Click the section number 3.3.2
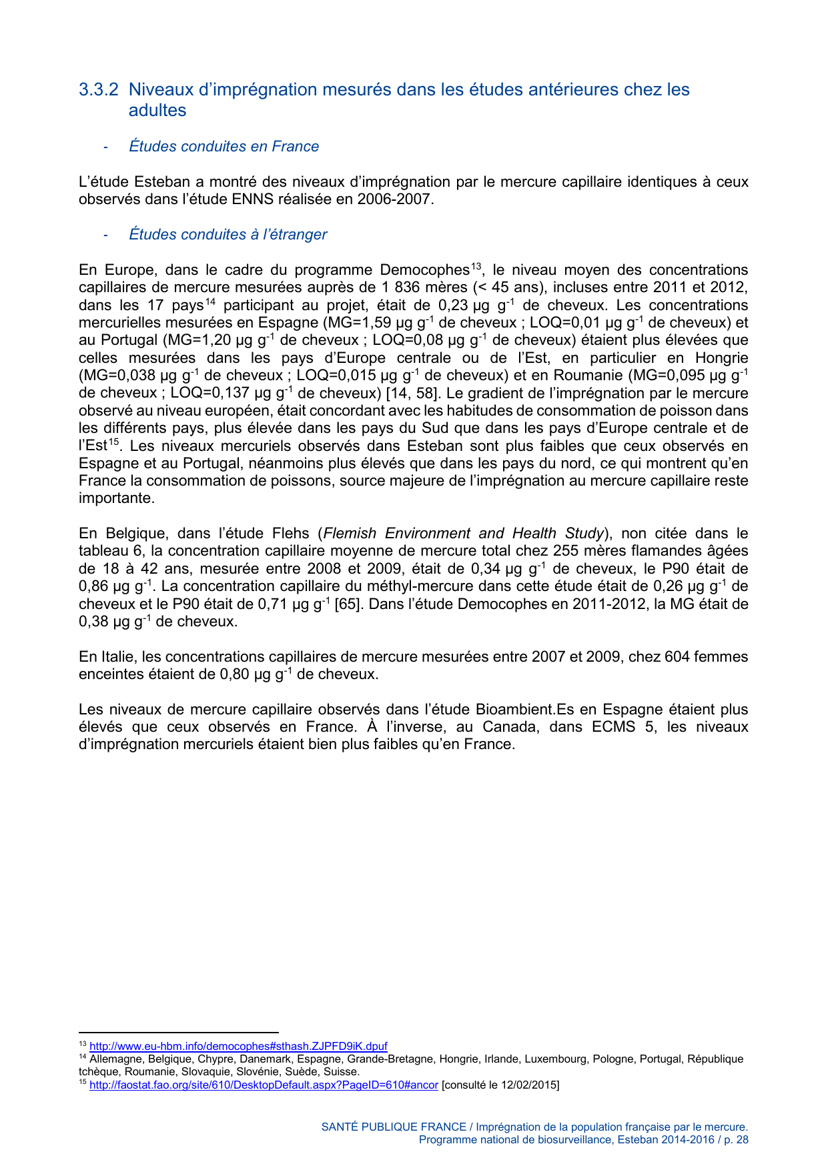point(99,89)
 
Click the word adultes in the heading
point(157,110)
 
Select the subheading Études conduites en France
point(224,146)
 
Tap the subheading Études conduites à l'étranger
point(228,234)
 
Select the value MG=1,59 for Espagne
point(352,323)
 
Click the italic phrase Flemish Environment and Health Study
point(463,534)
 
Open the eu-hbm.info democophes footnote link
point(238,1047)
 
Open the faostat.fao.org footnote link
point(264,1085)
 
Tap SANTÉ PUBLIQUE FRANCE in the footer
point(394,1127)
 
